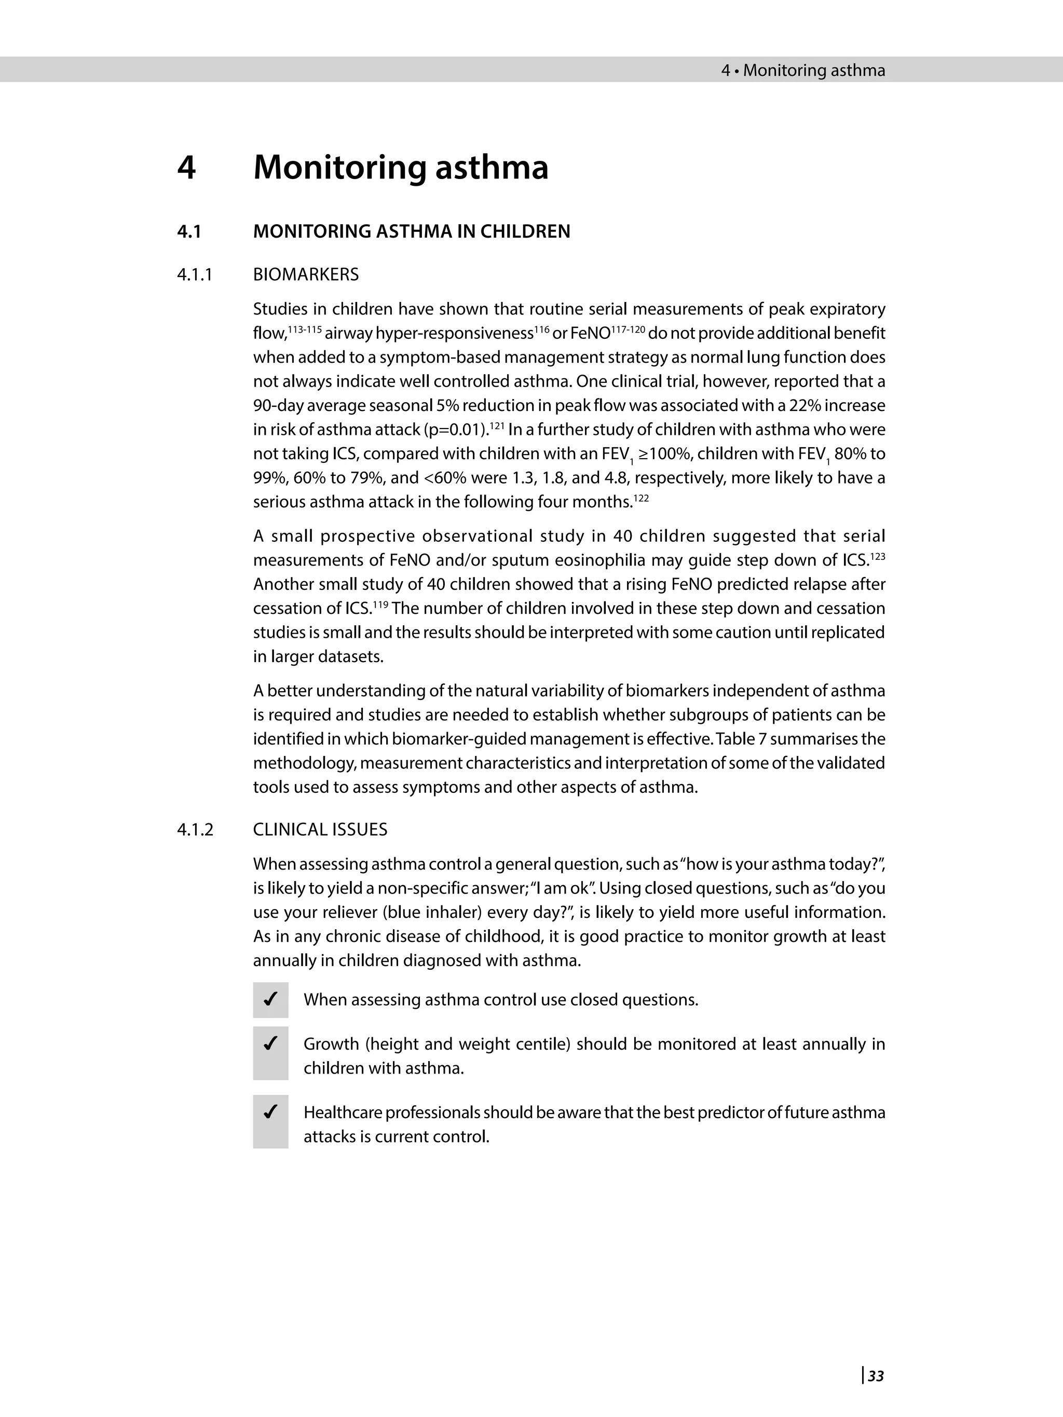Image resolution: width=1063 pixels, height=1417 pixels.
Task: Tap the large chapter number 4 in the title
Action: click(186, 168)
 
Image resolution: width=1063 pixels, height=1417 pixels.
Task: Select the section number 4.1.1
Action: click(194, 275)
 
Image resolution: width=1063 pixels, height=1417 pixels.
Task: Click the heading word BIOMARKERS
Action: click(306, 275)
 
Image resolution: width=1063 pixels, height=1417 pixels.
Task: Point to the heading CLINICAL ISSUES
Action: click(320, 830)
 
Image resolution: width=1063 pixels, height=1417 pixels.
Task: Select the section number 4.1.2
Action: click(195, 830)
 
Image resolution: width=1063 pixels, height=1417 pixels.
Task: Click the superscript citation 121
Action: click(497, 425)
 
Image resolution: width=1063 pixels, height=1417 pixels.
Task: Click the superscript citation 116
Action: click(541, 328)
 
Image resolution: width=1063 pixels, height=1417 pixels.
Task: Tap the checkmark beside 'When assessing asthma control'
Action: click(270, 999)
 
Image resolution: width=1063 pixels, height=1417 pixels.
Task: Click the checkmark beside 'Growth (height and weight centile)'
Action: click(270, 1044)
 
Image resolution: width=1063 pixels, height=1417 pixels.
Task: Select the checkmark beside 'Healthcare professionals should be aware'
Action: click(270, 1112)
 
